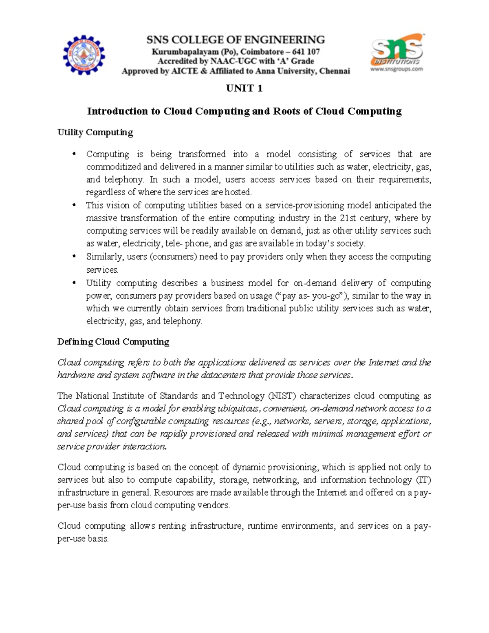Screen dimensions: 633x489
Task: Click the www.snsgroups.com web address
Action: coord(396,69)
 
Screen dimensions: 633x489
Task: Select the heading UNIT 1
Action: coord(244,88)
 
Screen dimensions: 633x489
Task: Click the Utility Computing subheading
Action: coord(95,132)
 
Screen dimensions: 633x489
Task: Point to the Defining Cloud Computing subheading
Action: coord(113,342)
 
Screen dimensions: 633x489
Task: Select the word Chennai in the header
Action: coord(335,71)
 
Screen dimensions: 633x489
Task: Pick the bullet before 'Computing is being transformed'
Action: coord(74,154)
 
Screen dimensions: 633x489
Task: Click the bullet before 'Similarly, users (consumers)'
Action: coord(74,257)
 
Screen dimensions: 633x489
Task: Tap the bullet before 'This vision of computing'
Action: coord(74,205)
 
